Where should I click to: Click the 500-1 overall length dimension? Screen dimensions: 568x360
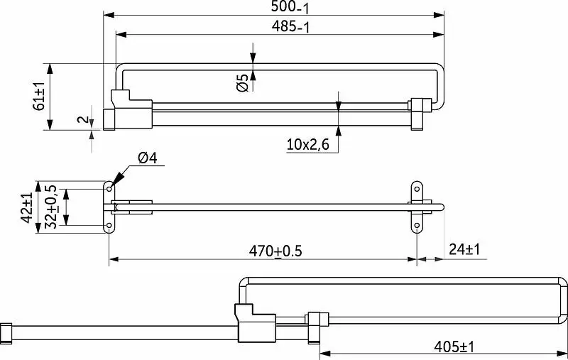point(290,7)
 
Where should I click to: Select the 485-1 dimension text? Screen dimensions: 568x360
point(291,27)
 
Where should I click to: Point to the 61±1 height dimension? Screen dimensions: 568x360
point(39,97)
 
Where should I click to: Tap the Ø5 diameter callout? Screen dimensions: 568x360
point(242,82)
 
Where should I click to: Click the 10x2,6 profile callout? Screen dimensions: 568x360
point(308,145)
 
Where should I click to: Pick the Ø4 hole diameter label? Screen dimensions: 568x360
point(148,158)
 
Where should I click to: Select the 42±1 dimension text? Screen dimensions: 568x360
point(27,208)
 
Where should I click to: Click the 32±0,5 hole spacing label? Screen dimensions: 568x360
point(50,207)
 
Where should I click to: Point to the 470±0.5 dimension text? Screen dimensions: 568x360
point(275,251)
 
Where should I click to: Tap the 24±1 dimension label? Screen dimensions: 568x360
point(464,249)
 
